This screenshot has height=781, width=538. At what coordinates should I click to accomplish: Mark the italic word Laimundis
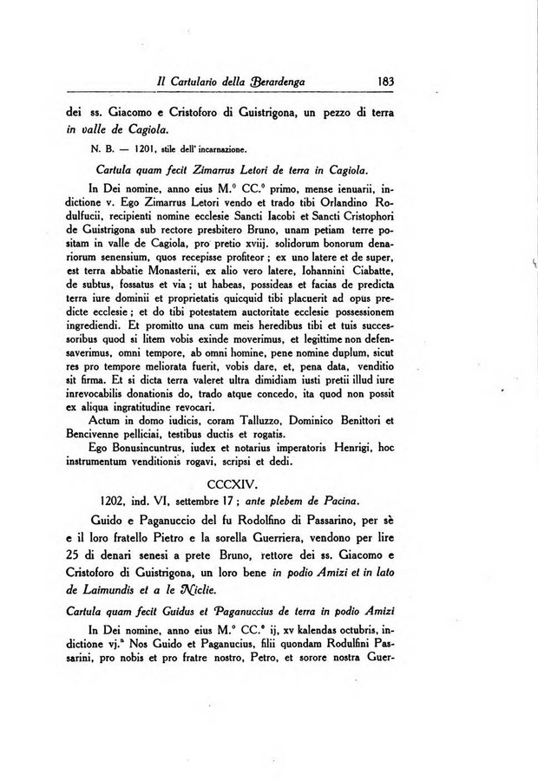click(117, 591)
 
